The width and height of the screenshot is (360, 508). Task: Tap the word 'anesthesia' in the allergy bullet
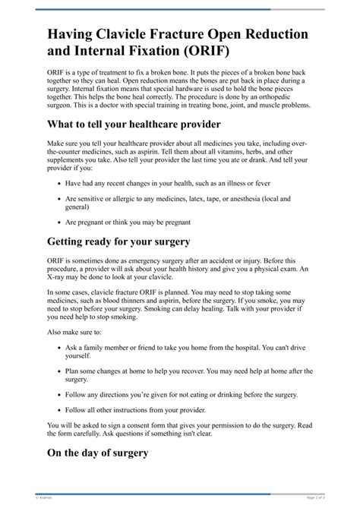(x=266, y=200)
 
